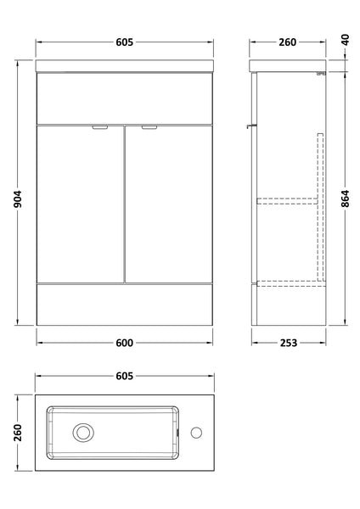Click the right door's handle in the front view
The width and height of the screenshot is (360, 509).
pyautogui.click(x=150, y=128)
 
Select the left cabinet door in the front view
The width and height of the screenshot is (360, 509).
pyautogui.click(x=81, y=204)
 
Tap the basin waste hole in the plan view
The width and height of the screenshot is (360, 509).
pyautogui.click(x=83, y=433)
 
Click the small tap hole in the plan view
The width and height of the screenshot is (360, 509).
pyautogui.click(x=196, y=433)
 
